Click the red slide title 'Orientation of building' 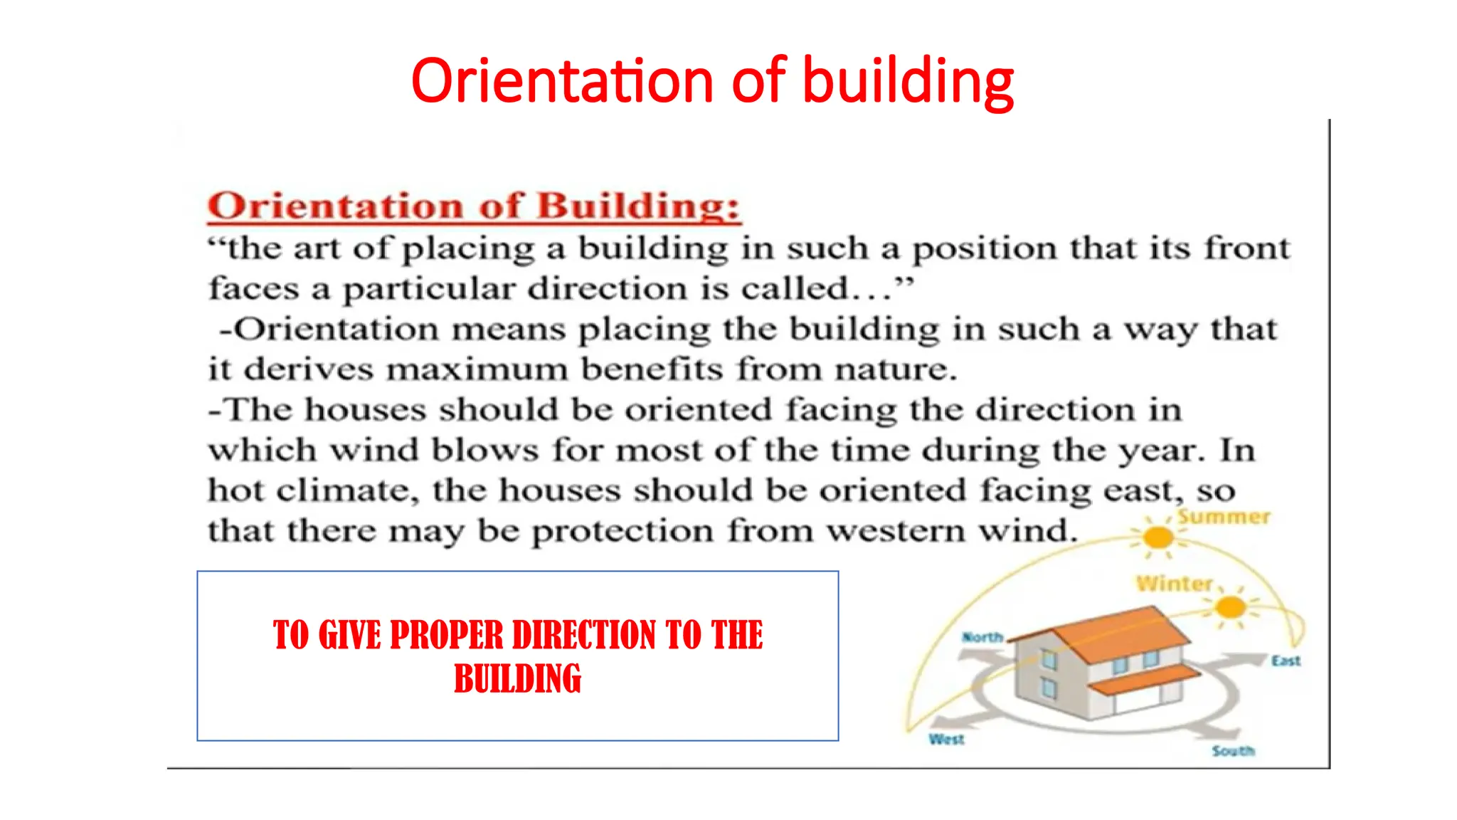[712, 81]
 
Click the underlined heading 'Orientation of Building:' [474, 206]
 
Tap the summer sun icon [1157, 538]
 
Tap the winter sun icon [1230, 608]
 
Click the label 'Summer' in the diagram [1224, 517]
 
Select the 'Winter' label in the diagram [1174, 584]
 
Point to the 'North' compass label [982, 637]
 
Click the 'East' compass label [1286, 661]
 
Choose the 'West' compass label [946, 740]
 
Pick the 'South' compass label [1233, 751]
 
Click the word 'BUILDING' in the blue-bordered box [517, 678]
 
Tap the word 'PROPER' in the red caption [446, 635]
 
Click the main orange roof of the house [1117, 630]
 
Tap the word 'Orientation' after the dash [334, 330]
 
